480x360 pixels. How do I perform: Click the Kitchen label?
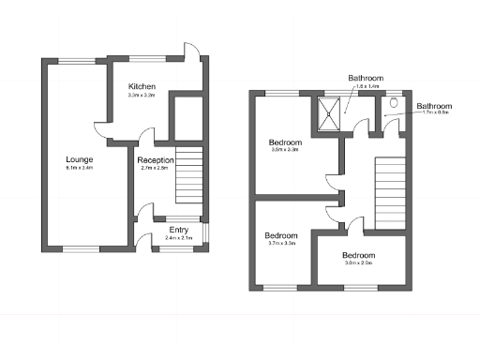tap(142, 87)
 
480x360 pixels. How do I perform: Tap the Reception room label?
tap(157, 160)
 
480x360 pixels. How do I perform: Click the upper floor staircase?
tap(388, 193)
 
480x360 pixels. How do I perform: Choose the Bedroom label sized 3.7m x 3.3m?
tap(280, 235)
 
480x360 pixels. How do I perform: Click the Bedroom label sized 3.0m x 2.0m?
tap(358, 256)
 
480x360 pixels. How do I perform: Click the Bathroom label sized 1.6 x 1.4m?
tap(366, 77)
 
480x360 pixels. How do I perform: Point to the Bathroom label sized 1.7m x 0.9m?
tap(434, 106)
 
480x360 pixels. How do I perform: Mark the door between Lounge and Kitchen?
tap(100, 128)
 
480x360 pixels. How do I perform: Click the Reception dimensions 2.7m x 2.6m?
tap(157, 170)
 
